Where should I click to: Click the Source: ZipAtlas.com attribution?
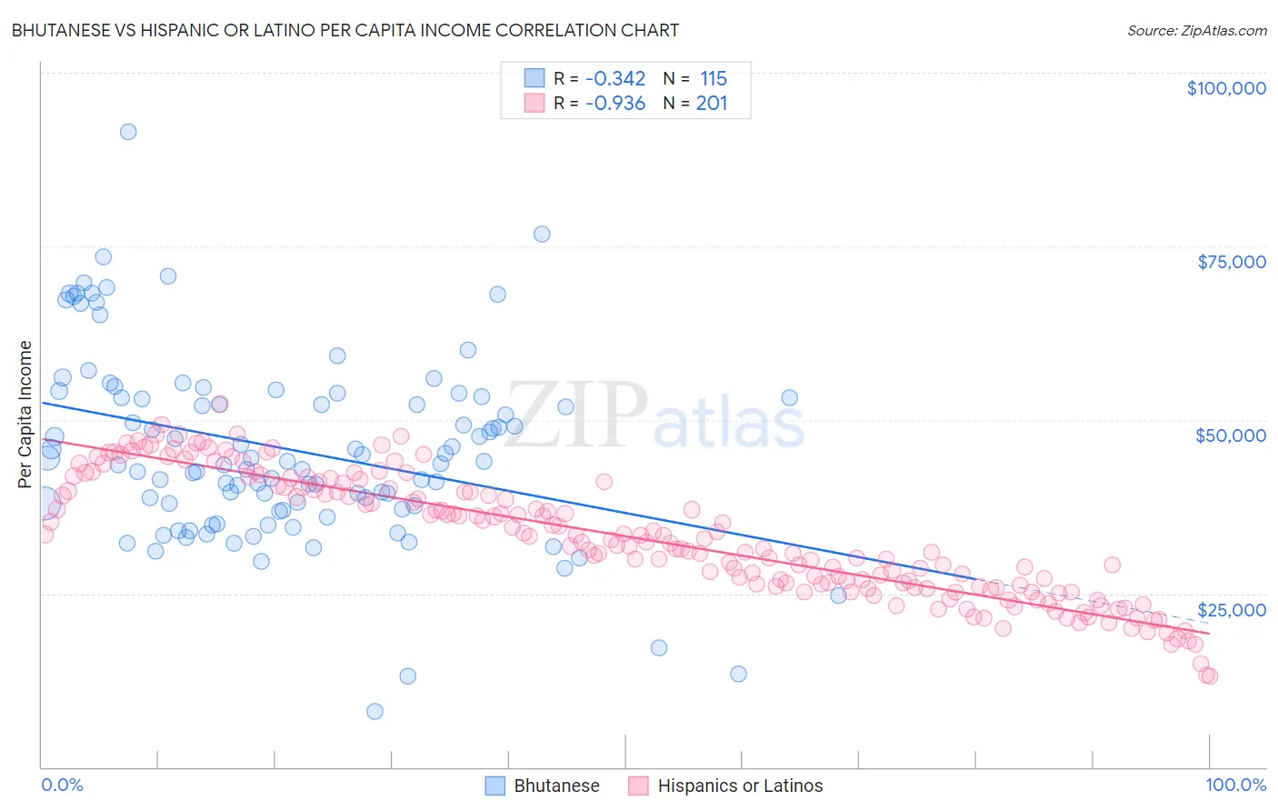[1196, 30]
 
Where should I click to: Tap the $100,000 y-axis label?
[1226, 88]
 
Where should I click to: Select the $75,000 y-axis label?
[1232, 262]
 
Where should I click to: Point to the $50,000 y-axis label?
[1231, 436]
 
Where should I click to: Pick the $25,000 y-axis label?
[1232, 610]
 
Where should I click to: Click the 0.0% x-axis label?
[63, 785]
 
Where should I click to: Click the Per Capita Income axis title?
[25, 414]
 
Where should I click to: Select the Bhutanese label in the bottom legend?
[556, 786]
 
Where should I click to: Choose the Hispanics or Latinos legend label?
[740, 786]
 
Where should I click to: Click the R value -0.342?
[615, 79]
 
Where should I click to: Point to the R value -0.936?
[615, 104]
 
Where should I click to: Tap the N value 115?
[714, 79]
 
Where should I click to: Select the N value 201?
[712, 104]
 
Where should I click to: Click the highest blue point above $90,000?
[128, 132]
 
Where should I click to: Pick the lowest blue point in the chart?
[374, 711]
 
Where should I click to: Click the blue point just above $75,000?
[542, 234]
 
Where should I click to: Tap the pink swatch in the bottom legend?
[639, 786]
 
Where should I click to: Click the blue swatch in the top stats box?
[534, 79]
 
